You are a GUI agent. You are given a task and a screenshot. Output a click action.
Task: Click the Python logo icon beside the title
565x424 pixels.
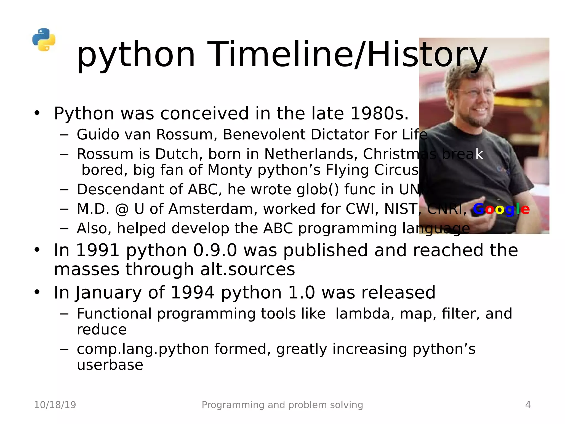pyautogui.click(x=44, y=40)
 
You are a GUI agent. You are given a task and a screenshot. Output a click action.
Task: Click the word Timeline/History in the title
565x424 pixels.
pyautogui.click(x=347, y=54)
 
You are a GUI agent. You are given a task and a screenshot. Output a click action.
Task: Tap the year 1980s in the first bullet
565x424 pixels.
pyautogui.click(x=379, y=113)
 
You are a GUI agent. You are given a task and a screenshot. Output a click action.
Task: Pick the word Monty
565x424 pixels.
pyautogui.click(x=230, y=170)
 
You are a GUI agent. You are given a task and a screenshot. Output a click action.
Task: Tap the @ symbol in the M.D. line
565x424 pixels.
pyautogui.click(x=122, y=209)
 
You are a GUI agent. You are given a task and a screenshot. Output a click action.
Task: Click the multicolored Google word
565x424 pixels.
pyautogui.click(x=501, y=209)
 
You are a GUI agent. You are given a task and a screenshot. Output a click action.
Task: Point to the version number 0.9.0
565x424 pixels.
pyautogui.click(x=215, y=250)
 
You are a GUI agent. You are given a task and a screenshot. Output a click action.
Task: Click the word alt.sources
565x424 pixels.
pyautogui.click(x=247, y=270)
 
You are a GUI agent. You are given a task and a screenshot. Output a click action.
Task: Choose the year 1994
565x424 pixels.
pyautogui.click(x=192, y=293)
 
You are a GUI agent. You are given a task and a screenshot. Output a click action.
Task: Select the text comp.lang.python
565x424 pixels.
pyautogui.click(x=143, y=349)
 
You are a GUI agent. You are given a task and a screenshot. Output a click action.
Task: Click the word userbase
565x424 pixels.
pyautogui.click(x=110, y=365)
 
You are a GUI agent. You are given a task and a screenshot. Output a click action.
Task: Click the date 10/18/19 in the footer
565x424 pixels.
pyautogui.click(x=55, y=405)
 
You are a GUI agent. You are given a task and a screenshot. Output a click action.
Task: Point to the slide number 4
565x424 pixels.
pyautogui.click(x=528, y=405)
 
